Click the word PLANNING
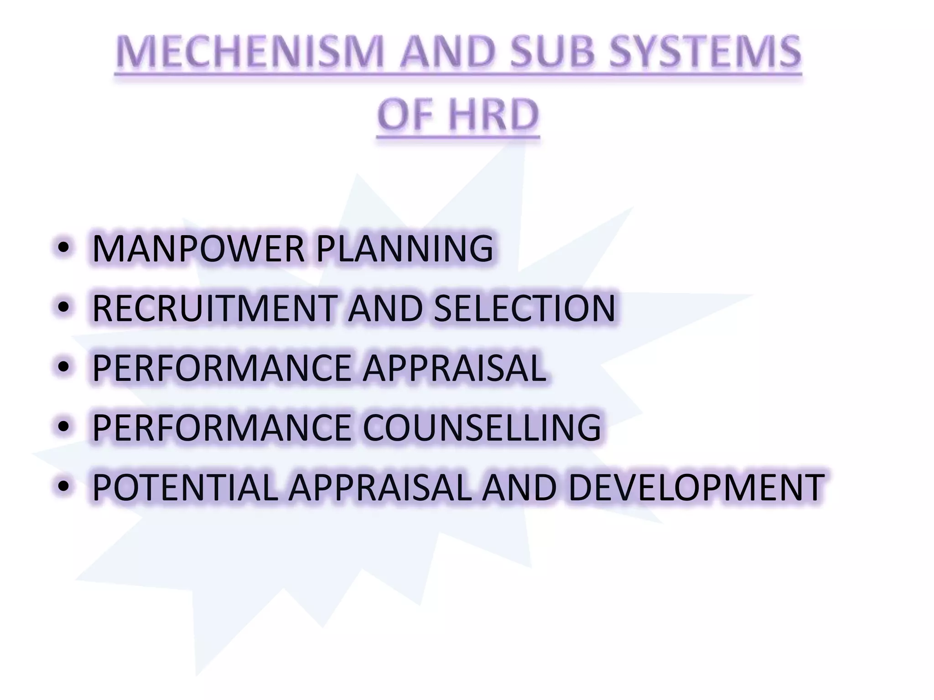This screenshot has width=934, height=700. tap(404, 248)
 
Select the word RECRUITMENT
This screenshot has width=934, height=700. tap(213, 308)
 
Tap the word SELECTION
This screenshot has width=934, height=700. tap(524, 308)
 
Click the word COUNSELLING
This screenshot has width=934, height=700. tap(482, 427)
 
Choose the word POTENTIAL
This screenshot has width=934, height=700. tap(185, 487)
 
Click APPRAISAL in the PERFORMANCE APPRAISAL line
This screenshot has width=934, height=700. tap(454, 368)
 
